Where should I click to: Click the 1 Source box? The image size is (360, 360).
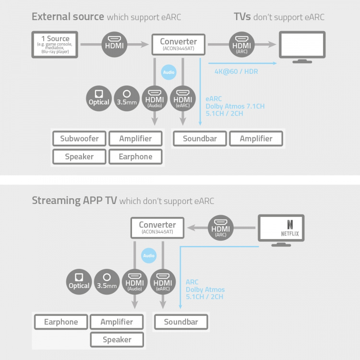point(55,44)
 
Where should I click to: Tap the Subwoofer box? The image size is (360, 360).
point(79,139)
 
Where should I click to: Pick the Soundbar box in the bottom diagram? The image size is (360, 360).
point(181,322)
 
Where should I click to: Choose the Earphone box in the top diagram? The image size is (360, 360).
point(135,156)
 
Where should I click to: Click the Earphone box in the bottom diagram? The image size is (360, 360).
point(61,322)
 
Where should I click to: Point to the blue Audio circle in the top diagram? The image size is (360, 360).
point(168,73)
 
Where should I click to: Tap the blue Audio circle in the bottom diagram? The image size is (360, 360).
point(149,256)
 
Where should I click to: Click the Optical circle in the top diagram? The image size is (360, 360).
point(99,98)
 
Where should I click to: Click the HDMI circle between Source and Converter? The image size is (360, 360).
point(114,44)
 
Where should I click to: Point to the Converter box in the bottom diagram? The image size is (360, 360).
point(157,228)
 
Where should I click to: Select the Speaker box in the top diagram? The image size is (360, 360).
point(79,156)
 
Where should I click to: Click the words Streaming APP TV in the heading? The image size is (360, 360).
point(74,200)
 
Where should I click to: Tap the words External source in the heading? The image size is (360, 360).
point(68,17)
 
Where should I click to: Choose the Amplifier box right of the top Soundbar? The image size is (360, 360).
point(256,139)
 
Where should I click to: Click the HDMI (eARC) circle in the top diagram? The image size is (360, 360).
point(183,98)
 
